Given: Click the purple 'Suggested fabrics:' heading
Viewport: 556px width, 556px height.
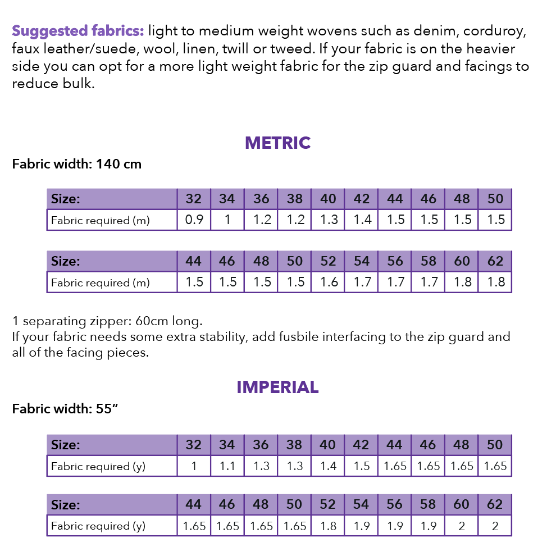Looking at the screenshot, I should coord(78,30).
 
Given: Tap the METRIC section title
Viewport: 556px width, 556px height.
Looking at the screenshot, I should coord(277,143).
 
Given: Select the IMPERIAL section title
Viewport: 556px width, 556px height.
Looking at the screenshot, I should coord(277,387).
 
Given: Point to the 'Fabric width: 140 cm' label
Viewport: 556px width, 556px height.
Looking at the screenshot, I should coord(77,165).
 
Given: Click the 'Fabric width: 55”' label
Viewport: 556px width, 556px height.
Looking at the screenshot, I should coord(65,409).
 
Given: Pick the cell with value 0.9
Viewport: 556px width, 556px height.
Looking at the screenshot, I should coord(194,220).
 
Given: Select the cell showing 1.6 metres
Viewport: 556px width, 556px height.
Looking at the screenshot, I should coord(329,282).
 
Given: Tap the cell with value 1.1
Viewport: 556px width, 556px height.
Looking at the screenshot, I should coord(227,466).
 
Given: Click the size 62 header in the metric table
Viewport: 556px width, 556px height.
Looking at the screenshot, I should coord(495,261).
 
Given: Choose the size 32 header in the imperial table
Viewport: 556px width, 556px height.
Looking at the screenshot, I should coord(194,445).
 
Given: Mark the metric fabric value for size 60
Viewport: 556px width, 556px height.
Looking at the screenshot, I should coord(462,282).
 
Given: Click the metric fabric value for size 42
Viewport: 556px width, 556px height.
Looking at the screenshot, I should coord(362,220).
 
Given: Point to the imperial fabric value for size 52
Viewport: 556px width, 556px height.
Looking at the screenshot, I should coord(329,526).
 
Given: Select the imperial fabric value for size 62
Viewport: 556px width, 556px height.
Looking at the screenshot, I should coord(495,526).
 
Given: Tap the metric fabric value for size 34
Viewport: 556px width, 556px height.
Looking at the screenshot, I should coord(227,220).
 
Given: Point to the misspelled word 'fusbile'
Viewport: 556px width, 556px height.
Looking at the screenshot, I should coord(316,337).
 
